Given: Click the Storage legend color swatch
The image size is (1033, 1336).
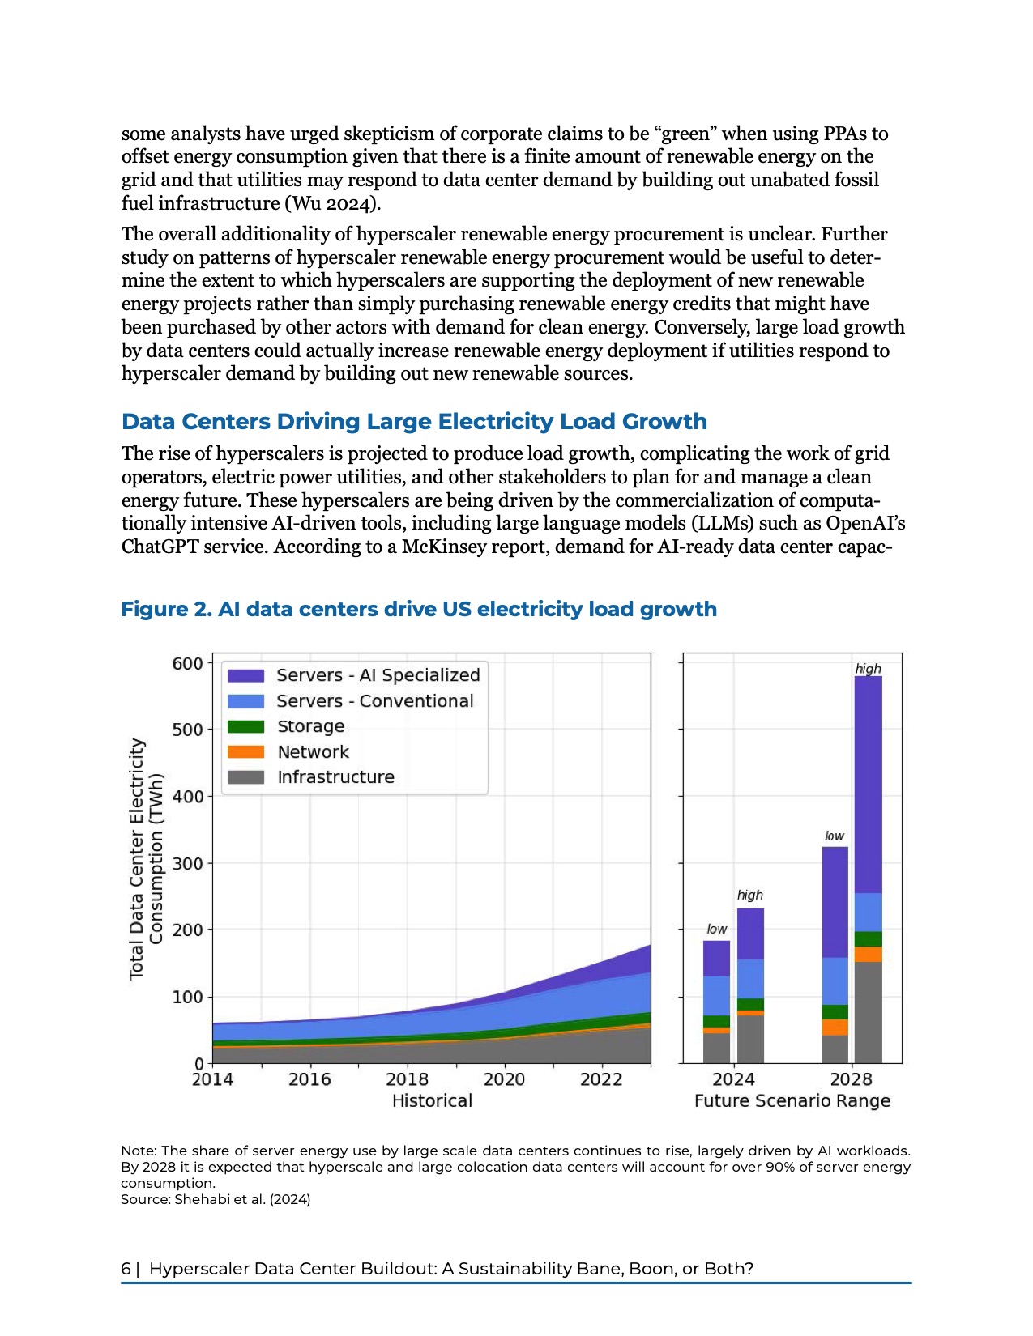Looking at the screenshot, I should (245, 726).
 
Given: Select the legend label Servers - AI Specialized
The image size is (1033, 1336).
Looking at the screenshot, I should (378, 675).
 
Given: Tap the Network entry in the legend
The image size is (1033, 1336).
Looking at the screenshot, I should (313, 751).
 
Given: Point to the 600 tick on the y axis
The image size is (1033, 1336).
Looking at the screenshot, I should (187, 663).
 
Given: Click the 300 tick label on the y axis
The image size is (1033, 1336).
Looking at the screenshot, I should (187, 863).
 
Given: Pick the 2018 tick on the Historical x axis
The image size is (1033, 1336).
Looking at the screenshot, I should (407, 1079).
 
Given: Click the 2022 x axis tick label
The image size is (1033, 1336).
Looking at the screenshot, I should (601, 1079).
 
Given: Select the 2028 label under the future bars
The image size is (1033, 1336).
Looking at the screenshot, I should (852, 1079).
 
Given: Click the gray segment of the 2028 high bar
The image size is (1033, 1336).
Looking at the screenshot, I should (868, 1012).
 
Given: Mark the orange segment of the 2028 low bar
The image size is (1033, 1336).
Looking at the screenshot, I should (835, 1027).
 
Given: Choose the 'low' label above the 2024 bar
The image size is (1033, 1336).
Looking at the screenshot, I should (717, 929).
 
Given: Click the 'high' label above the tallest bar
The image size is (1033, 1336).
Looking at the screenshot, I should (868, 669).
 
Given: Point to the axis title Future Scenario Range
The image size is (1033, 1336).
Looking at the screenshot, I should (792, 1101).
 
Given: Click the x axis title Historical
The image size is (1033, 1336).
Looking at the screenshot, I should (432, 1101).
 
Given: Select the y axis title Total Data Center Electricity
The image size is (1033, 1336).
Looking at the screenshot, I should (137, 858).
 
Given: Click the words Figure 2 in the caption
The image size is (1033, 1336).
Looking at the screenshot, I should (165, 609).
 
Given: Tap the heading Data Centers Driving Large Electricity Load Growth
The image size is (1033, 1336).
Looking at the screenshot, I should (414, 422).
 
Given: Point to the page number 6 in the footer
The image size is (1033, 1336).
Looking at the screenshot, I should (126, 1269).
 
